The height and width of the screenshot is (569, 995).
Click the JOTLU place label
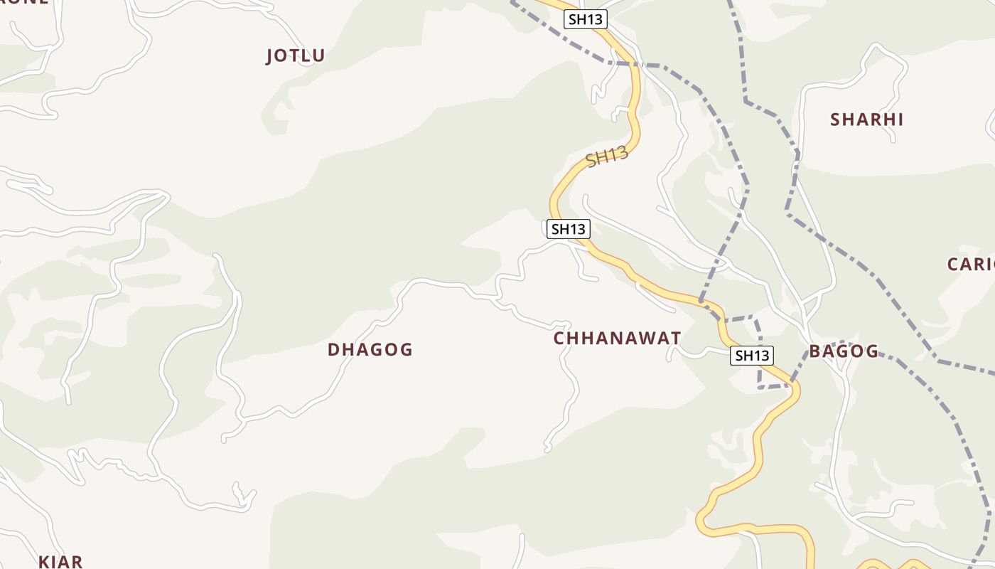point(295,55)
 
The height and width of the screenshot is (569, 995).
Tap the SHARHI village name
point(866,119)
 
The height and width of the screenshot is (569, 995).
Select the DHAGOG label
point(370,349)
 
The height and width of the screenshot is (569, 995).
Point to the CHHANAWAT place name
point(617,338)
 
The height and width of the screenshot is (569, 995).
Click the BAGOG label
point(844,351)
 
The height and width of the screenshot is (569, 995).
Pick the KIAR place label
point(60,561)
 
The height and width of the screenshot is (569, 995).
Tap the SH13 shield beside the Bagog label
point(751,356)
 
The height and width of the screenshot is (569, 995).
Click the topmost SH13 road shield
point(586,19)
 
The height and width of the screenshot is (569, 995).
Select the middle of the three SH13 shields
point(569,229)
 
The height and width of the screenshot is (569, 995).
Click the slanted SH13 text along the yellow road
point(607,156)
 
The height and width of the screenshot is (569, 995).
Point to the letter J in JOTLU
point(270,55)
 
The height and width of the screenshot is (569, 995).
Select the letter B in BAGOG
point(814,351)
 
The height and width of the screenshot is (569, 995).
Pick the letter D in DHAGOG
point(333,349)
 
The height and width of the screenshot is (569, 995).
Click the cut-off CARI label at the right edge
point(971,265)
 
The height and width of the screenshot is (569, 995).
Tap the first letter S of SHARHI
point(836,119)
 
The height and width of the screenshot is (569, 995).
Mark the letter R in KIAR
point(77,561)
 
